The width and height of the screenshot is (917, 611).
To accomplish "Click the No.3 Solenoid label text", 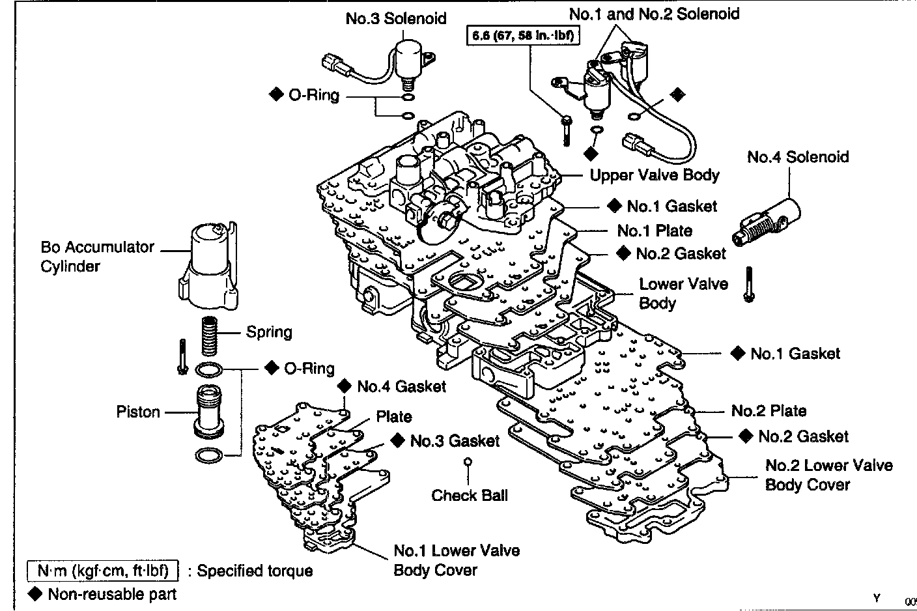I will (396, 18).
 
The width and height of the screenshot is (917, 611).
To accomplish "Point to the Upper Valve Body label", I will (654, 175).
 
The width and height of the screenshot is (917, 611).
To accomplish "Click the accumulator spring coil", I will (208, 335).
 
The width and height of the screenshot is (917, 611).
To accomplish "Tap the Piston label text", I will (138, 412).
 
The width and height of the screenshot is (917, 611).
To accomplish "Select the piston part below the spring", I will (208, 412).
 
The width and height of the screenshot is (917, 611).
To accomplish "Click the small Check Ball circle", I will (468, 462).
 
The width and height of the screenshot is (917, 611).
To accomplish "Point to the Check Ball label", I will (470, 495).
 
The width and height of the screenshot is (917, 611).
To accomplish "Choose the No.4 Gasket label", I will (401, 386).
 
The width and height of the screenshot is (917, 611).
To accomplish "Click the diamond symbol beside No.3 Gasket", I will (397, 440).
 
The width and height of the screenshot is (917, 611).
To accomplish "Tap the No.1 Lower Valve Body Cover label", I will (457, 560).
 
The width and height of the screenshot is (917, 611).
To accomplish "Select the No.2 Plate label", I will (769, 411).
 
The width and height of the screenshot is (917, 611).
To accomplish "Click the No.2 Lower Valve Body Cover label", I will (828, 475).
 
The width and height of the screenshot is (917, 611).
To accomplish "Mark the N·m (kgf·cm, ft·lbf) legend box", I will (102, 571).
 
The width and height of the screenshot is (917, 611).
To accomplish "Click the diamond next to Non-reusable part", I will (36, 593).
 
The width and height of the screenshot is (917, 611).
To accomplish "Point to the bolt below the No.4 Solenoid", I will (750, 285).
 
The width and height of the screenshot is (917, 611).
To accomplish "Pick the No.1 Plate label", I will (655, 231).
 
